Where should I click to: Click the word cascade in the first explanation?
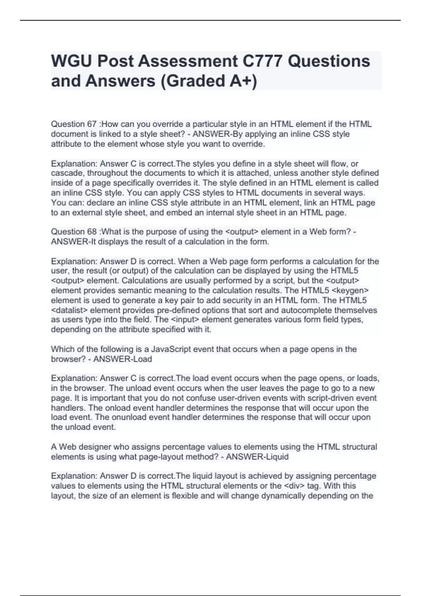point(68,173)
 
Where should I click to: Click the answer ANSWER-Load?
point(123,359)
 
